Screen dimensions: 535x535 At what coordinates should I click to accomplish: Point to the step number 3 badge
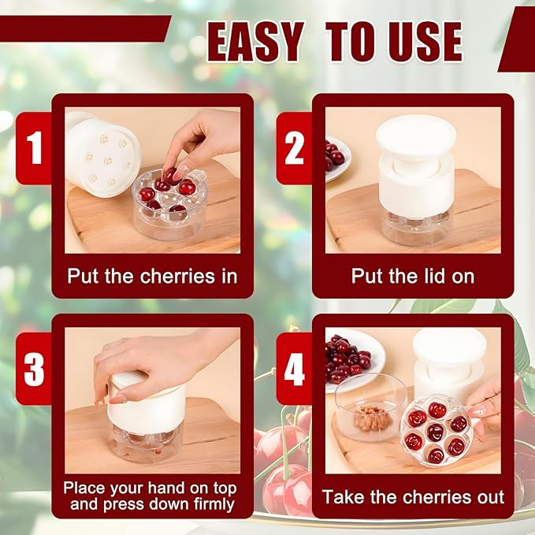point(35,369)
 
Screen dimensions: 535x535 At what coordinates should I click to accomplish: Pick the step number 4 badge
point(295,369)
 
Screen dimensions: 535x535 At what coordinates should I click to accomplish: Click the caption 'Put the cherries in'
point(152,276)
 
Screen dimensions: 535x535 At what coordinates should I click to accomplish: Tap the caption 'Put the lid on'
point(412,276)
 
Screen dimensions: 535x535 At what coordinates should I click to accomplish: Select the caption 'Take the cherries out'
point(413,497)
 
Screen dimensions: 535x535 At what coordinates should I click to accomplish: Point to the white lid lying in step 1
point(101,154)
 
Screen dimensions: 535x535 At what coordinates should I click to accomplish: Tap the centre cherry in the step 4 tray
point(435,432)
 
